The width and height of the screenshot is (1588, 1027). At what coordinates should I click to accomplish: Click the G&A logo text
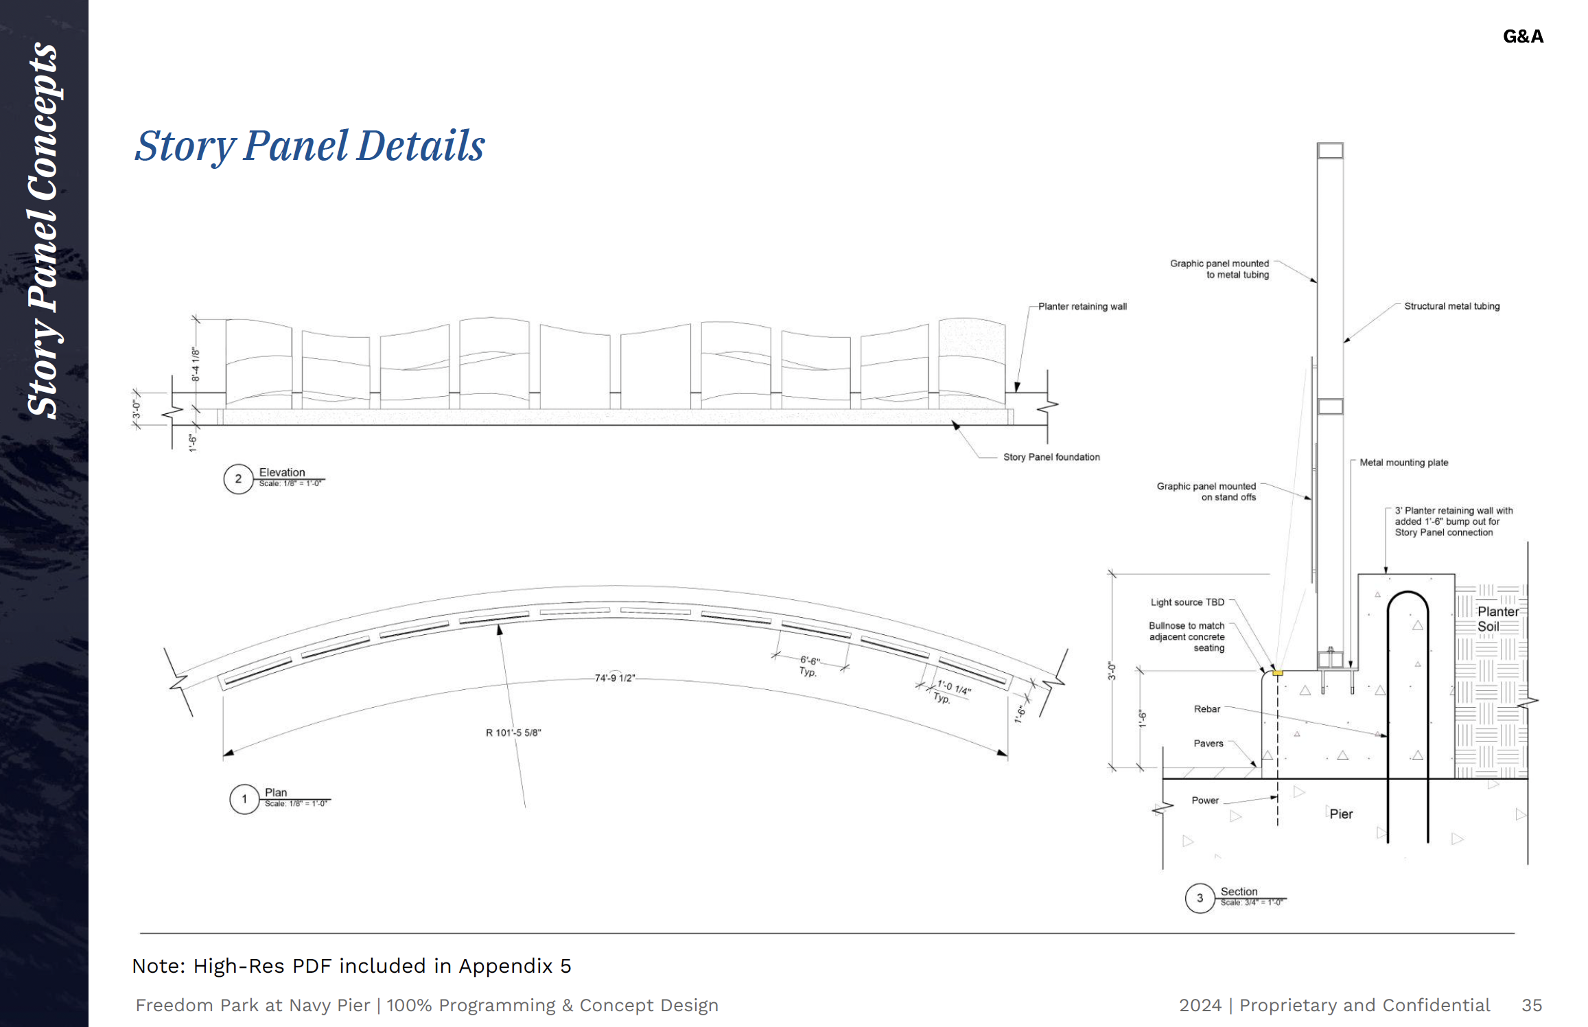[1523, 36]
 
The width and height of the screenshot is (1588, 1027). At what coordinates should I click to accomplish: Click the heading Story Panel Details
[310, 146]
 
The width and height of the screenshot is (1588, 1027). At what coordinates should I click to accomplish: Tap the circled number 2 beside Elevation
[238, 479]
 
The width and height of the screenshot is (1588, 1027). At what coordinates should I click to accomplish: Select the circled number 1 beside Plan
[244, 799]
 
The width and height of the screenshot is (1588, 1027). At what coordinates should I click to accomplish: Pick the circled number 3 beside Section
[1200, 898]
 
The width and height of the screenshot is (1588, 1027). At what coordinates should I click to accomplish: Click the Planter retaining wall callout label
[1082, 307]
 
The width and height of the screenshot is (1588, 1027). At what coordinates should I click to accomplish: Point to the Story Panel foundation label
[1051, 457]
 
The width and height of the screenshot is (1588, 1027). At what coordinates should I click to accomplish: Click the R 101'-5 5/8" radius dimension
[513, 732]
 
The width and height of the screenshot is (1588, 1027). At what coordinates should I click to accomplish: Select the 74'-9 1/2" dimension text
[615, 678]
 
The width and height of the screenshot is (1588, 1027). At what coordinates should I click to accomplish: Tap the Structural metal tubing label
[1451, 306]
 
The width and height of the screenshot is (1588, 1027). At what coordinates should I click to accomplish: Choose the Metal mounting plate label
[1404, 463]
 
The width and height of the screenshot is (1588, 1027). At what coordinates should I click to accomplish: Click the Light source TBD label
[1187, 602]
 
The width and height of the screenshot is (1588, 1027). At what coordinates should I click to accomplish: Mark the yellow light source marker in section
[1277, 673]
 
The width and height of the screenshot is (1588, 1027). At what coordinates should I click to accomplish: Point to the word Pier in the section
[1341, 814]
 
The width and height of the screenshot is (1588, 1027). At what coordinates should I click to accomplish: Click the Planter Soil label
[1497, 619]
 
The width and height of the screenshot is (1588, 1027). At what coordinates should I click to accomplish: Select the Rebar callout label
[1207, 709]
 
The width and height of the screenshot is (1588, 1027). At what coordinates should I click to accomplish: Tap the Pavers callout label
[1208, 743]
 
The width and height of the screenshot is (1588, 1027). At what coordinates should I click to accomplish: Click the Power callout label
[1205, 800]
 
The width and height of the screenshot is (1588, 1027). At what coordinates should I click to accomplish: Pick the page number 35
[1532, 1005]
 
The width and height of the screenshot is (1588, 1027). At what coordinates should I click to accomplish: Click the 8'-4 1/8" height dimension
[196, 364]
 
